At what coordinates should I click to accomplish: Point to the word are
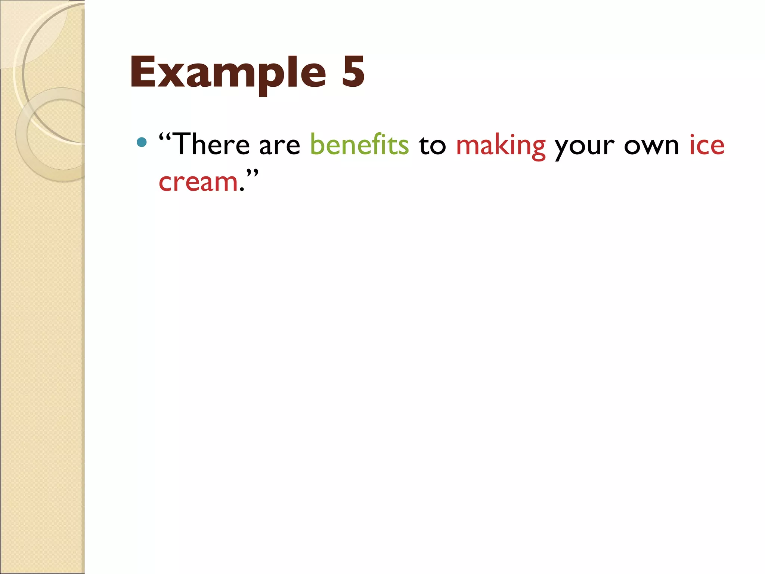279,146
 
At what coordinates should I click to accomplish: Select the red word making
501,146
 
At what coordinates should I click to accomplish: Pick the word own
651,146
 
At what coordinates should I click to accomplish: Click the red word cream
198,182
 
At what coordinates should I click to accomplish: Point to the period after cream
242,190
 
